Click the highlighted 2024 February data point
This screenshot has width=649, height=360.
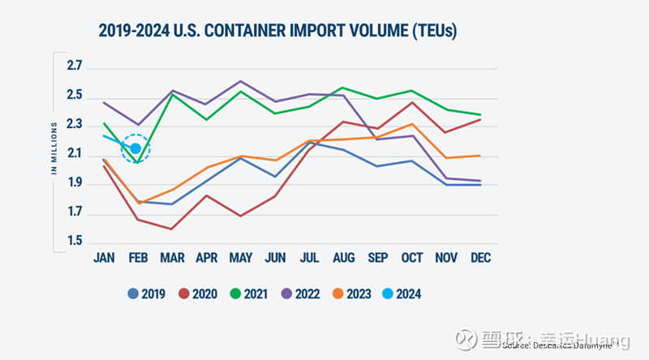[135, 148]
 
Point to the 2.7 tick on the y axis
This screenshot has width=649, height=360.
[75, 66]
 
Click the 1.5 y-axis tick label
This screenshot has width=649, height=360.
[75, 242]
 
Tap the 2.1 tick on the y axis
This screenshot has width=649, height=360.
[75, 154]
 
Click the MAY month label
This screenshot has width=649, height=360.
[241, 257]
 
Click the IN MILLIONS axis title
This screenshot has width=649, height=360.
[54, 148]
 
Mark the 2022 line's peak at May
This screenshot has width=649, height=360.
[241, 81]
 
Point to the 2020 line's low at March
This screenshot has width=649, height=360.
[171, 229]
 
